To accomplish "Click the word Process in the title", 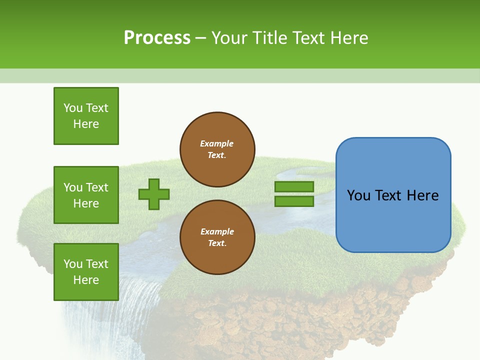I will pyautogui.click(x=157, y=38).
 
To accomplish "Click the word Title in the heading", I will pyautogui.click(x=269, y=38).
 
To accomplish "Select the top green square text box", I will pyautogui.click(x=86, y=116).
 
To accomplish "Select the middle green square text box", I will pyautogui.click(x=86, y=195).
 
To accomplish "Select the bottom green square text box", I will pyautogui.click(x=86, y=272).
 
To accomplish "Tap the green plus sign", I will pyautogui.click(x=154, y=194).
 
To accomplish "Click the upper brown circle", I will pyautogui.click(x=217, y=149).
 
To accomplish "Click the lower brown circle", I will pyautogui.click(x=217, y=237).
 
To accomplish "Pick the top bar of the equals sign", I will pyautogui.click(x=294, y=186).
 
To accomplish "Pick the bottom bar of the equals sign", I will pyautogui.click(x=294, y=201).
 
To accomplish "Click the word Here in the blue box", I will pyautogui.click(x=422, y=195).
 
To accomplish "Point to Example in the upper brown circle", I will pyautogui.click(x=217, y=143).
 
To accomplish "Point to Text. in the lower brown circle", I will pyautogui.click(x=217, y=243).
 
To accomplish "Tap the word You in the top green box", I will pyautogui.click(x=73, y=108).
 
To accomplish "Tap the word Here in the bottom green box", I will pyautogui.click(x=86, y=280).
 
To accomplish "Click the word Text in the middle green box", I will pyautogui.click(x=96, y=187).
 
